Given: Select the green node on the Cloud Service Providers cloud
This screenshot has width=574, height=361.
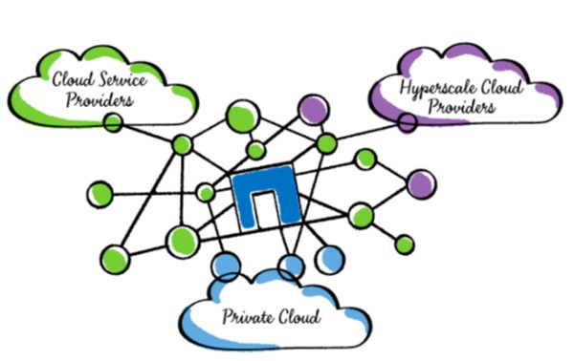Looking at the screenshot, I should (x=113, y=122).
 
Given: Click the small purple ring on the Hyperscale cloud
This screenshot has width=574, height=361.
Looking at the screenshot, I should (x=408, y=122).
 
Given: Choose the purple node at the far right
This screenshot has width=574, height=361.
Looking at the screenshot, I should (x=420, y=184).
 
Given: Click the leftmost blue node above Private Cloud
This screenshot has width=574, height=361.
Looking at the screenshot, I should (x=226, y=265).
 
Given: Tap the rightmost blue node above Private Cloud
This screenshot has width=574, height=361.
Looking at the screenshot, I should (x=329, y=256).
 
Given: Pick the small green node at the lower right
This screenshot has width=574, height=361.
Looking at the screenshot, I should (x=405, y=244).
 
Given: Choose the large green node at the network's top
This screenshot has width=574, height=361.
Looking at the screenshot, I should (x=241, y=118).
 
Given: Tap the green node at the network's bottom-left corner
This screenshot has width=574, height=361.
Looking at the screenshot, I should (x=114, y=258).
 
